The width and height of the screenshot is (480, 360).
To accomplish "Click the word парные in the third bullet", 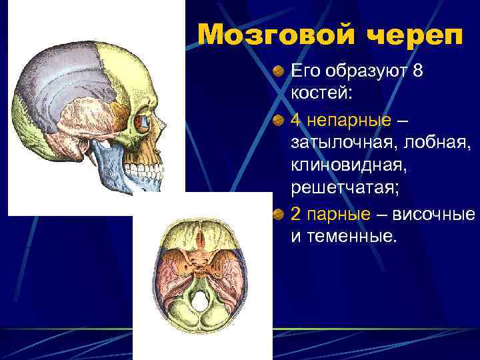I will click(x=340, y=214).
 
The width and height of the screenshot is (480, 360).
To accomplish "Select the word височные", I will click(x=434, y=214).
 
